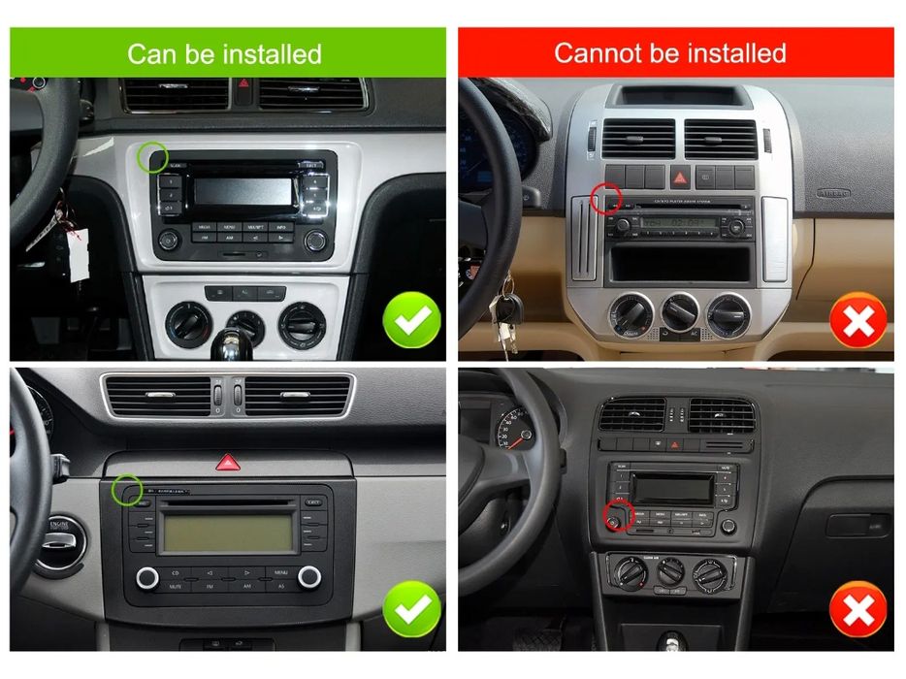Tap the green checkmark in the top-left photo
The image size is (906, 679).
pyautogui.click(x=411, y=320)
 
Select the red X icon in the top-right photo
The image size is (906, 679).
pyautogui.click(x=857, y=321)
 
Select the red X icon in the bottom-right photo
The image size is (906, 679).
pyautogui.click(x=857, y=611)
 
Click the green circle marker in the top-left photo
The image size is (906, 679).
pyautogui.click(x=152, y=157)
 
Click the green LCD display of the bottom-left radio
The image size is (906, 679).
pyautogui.click(x=227, y=533)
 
